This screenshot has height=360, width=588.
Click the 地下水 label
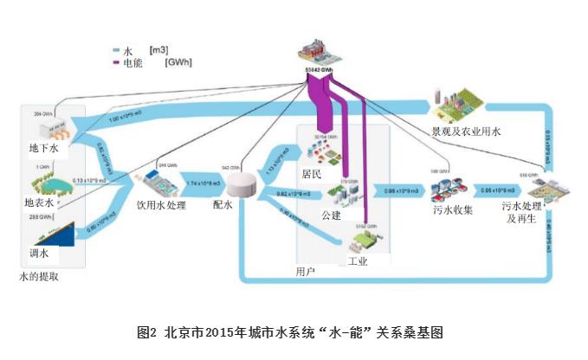(x=42, y=149)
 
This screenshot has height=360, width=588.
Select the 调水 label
(x=38, y=254)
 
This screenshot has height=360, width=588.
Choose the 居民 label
(x=311, y=174)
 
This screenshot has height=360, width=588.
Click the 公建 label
(x=331, y=214)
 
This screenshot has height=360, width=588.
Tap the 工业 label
(x=358, y=260)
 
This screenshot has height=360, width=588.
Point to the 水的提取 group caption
(x=40, y=277)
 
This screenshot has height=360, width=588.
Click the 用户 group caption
(x=305, y=272)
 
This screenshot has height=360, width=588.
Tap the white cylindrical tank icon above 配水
(x=244, y=183)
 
